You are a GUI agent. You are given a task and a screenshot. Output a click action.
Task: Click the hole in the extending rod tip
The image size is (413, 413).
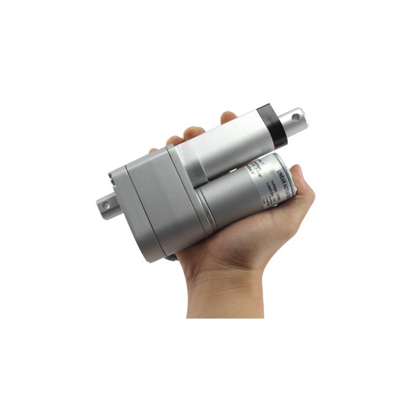[x=294, y=118]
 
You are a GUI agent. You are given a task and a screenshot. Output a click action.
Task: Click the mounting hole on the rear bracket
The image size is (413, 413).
[x=106, y=205]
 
